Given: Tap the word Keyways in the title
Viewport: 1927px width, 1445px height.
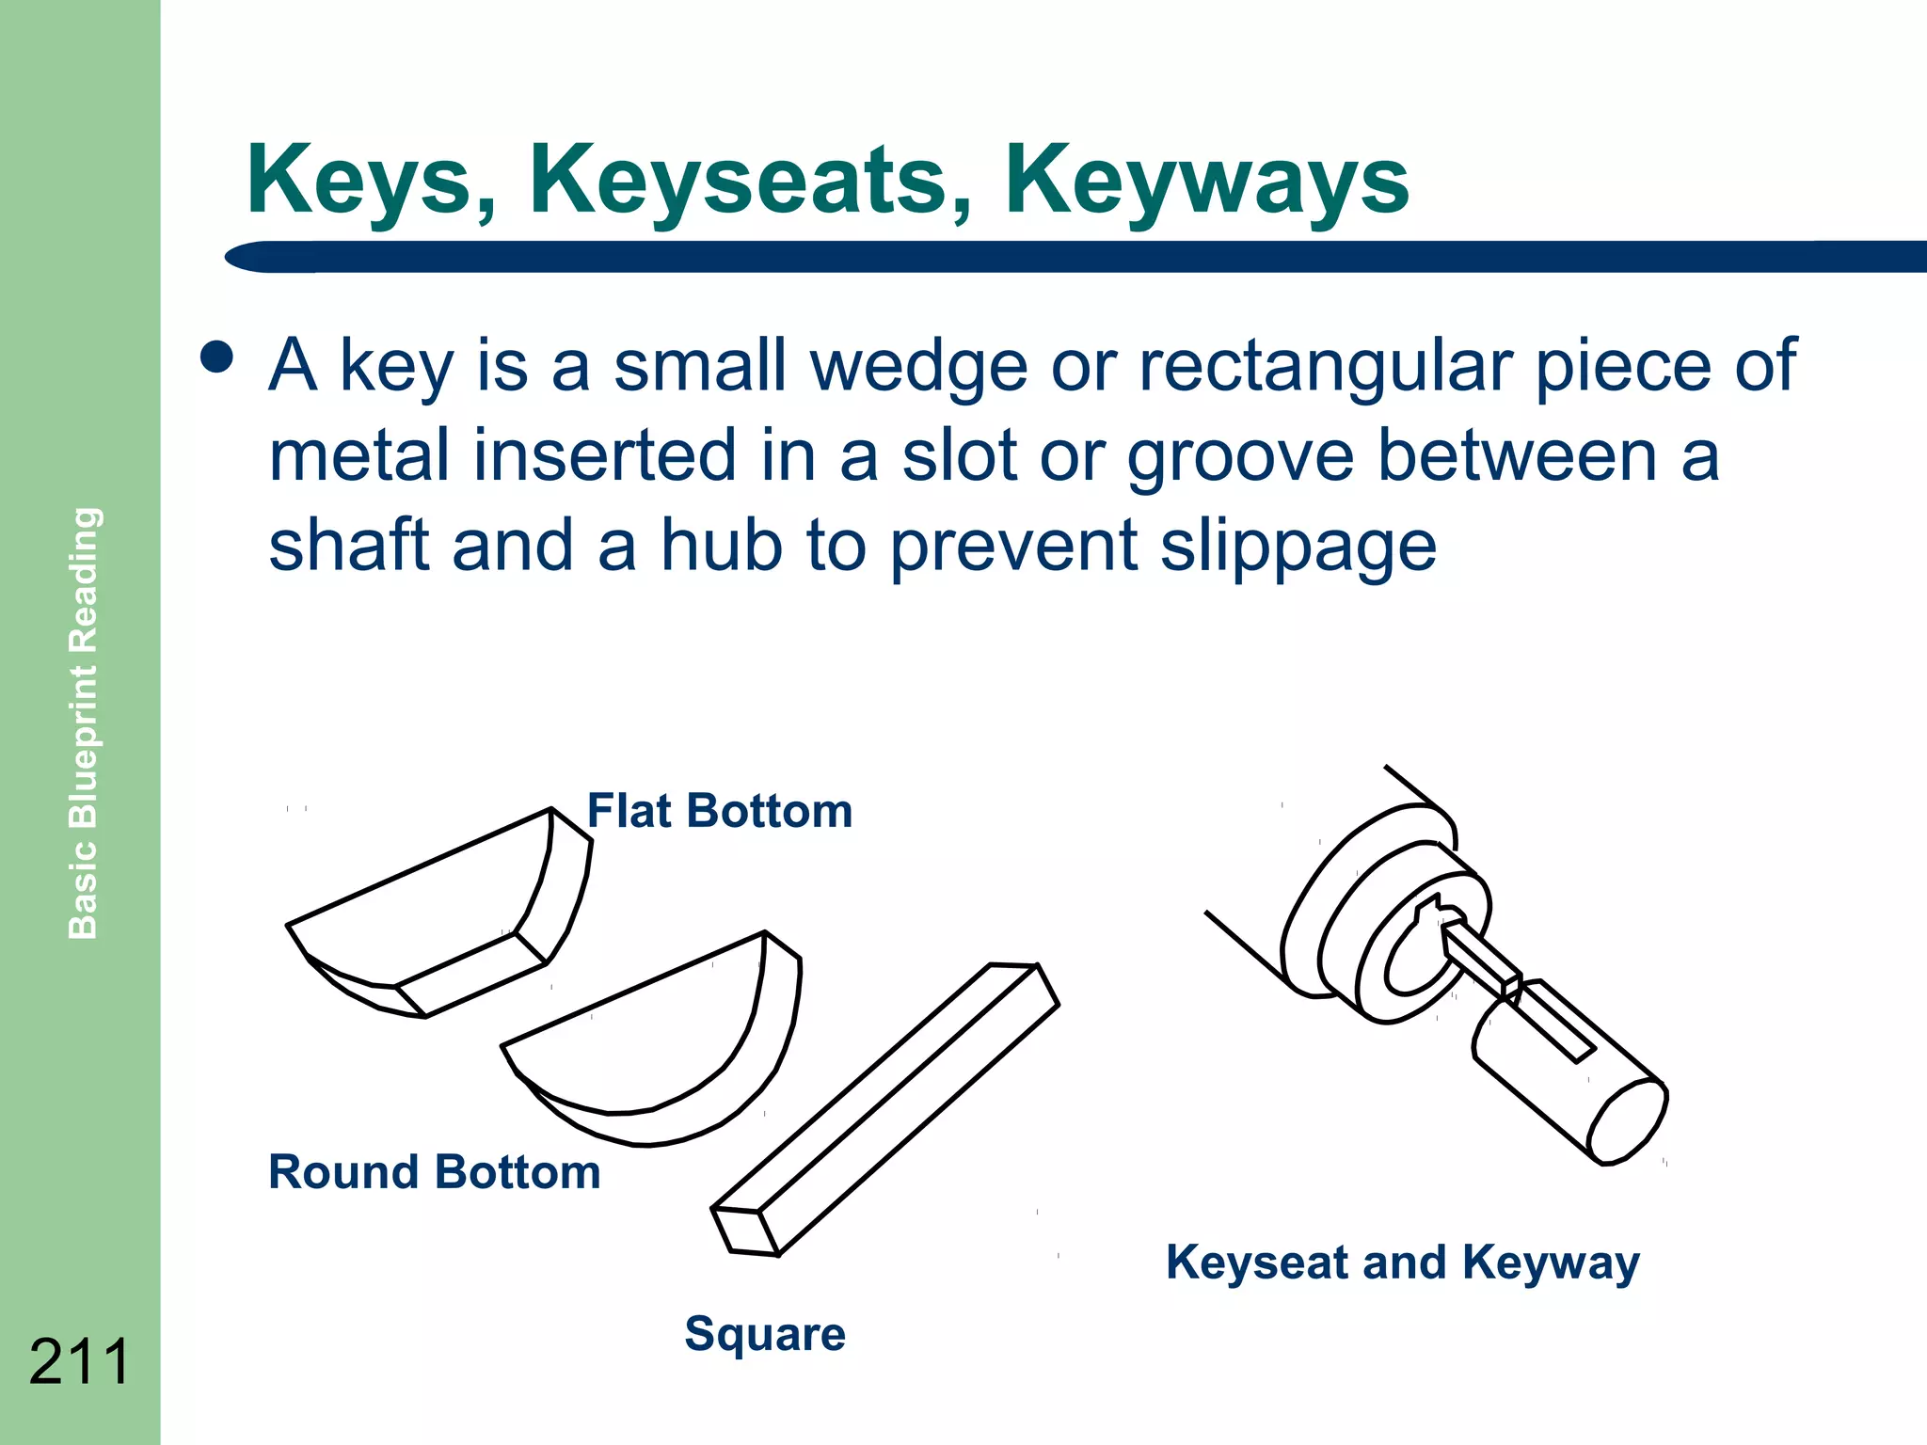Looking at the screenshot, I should coord(1206,181).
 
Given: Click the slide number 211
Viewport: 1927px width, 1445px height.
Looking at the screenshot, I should coord(79,1361).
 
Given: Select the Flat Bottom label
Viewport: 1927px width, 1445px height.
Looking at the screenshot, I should coord(720,811).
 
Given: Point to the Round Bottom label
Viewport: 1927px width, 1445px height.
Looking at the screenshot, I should coord(434,1172).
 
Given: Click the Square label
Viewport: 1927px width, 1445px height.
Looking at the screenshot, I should coord(765,1334).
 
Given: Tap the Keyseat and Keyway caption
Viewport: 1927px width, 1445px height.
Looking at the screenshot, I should coord(1402,1262).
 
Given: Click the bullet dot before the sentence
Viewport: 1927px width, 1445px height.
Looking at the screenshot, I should coord(217,357).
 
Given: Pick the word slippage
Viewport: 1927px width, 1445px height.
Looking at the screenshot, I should coord(1298,548).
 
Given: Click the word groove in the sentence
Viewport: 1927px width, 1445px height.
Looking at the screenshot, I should coord(1240,457).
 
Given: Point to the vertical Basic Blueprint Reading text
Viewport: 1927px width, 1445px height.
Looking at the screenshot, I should coord(84,722).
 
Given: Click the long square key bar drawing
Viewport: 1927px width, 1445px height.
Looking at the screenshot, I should coord(884,1110).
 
